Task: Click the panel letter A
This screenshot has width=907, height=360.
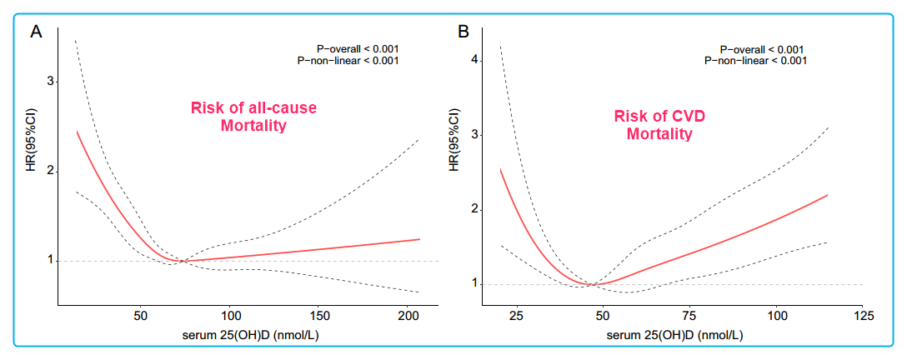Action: [36, 32]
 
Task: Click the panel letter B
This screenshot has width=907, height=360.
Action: [464, 32]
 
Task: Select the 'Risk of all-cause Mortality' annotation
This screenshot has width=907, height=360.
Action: [254, 117]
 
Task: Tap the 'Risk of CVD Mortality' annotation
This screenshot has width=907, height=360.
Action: [655, 124]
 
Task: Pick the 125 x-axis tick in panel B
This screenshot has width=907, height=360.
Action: [864, 317]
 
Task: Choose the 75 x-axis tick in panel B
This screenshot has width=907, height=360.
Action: [689, 317]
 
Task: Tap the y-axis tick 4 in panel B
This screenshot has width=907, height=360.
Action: [476, 60]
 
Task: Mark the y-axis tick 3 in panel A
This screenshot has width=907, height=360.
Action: [50, 82]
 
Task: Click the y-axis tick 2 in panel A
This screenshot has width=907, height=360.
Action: [50, 171]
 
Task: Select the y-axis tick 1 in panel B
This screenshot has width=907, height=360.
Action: [476, 284]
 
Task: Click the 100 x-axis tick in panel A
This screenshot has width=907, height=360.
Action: [230, 317]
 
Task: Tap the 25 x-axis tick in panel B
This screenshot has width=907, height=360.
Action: [516, 317]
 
